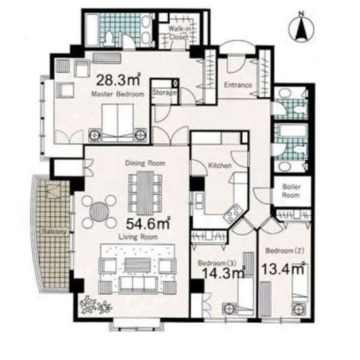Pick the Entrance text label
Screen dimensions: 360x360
click(238, 85)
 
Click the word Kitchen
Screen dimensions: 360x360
click(220, 166)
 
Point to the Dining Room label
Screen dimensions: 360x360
click(145, 163)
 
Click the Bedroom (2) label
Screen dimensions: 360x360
click(285, 251)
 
